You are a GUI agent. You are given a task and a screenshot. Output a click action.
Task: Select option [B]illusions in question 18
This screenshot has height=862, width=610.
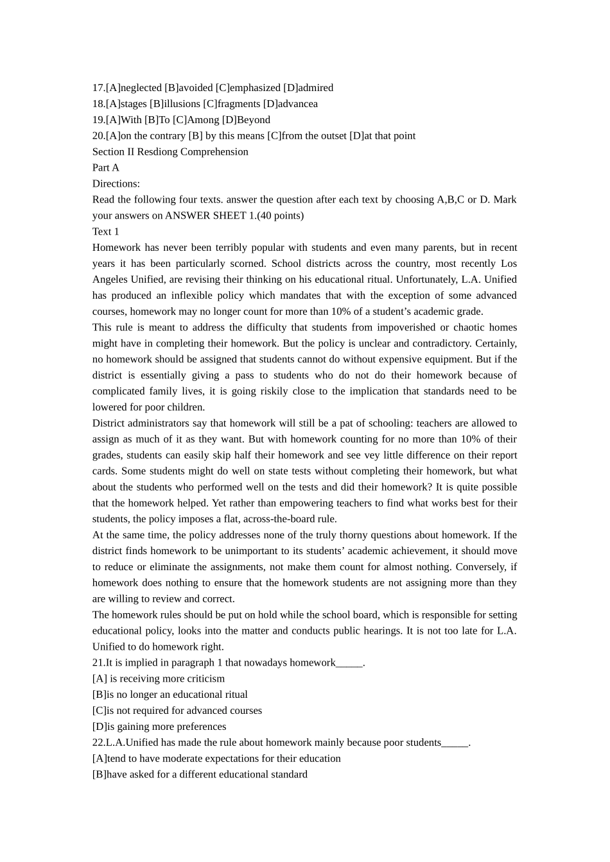pyautogui.click(x=175, y=104)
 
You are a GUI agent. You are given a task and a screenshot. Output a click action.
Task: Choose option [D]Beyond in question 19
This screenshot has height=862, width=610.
pyautogui.click(x=246, y=120)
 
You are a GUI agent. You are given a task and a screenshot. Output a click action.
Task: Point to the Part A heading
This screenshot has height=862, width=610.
pyautogui.click(x=106, y=168)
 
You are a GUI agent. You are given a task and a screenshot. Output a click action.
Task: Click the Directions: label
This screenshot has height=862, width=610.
pyautogui.click(x=116, y=184)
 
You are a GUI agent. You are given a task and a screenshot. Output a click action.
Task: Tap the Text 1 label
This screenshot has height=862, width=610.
pyautogui.click(x=106, y=232)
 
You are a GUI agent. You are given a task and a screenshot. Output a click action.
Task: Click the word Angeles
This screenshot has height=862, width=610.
pyautogui.click(x=110, y=280)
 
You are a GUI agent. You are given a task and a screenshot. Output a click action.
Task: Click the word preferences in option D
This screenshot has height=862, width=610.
pyautogui.click(x=196, y=727)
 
